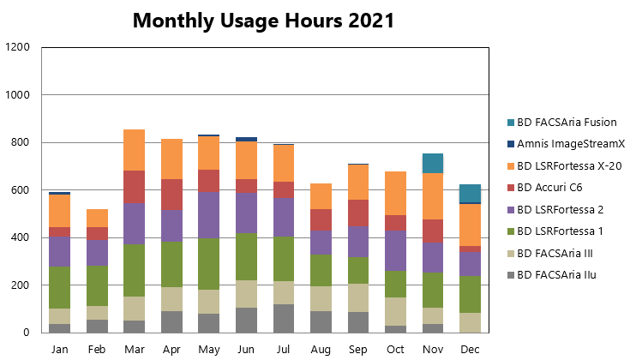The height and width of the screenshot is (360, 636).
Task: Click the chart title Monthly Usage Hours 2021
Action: point(264,21)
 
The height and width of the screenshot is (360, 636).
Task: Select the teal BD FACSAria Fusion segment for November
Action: point(433,164)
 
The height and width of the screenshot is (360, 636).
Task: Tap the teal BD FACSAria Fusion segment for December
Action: point(470,194)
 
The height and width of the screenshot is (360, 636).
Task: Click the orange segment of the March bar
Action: point(135,150)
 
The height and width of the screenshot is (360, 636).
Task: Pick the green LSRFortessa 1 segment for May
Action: point(209,264)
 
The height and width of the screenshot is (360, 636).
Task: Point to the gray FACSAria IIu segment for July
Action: point(284,319)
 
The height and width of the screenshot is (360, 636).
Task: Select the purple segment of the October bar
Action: point(395,250)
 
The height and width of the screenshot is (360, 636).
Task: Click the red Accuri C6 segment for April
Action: point(171,195)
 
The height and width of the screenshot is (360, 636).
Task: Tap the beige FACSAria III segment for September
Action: point(358,298)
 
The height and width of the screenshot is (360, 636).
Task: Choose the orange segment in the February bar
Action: point(97,218)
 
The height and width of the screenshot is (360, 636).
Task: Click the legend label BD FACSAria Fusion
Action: point(567,122)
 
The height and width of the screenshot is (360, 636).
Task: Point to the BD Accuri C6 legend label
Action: point(549,188)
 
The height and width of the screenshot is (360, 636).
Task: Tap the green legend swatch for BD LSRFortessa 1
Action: point(511,231)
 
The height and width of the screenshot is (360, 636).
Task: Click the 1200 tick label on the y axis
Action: point(17,47)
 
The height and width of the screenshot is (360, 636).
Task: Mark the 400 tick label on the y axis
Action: point(21,237)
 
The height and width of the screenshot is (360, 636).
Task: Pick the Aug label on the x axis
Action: point(321,350)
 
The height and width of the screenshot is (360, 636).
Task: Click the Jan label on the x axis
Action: point(60,349)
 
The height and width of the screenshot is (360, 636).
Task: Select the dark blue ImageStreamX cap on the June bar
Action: point(246,140)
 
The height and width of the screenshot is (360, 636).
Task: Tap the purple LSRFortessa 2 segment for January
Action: point(60,252)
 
